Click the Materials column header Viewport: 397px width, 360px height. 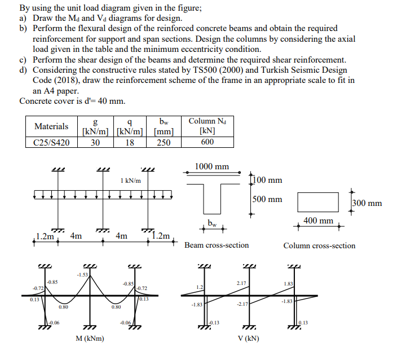point(51,126)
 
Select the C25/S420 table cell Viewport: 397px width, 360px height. point(51,142)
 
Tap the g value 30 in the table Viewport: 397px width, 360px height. point(95,142)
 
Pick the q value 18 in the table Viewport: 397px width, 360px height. point(130,142)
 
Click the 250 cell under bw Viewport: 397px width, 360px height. point(164,142)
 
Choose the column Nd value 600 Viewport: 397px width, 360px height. point(207,142)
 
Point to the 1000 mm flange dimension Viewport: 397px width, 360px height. point(211,166)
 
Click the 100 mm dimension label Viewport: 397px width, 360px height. point(267,180)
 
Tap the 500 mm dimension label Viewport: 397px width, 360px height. point(267,199)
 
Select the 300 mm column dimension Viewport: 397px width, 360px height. point(367,203)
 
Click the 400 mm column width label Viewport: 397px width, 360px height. point(317,221)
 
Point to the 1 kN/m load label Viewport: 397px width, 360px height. point(130,180)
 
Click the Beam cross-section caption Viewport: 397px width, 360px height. point(217,245)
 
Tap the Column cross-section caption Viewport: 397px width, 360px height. point(319,245)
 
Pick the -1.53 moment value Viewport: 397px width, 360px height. point(82,274)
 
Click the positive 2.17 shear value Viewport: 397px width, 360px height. point(241,282)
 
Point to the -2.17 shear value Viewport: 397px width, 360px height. point(241,305)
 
